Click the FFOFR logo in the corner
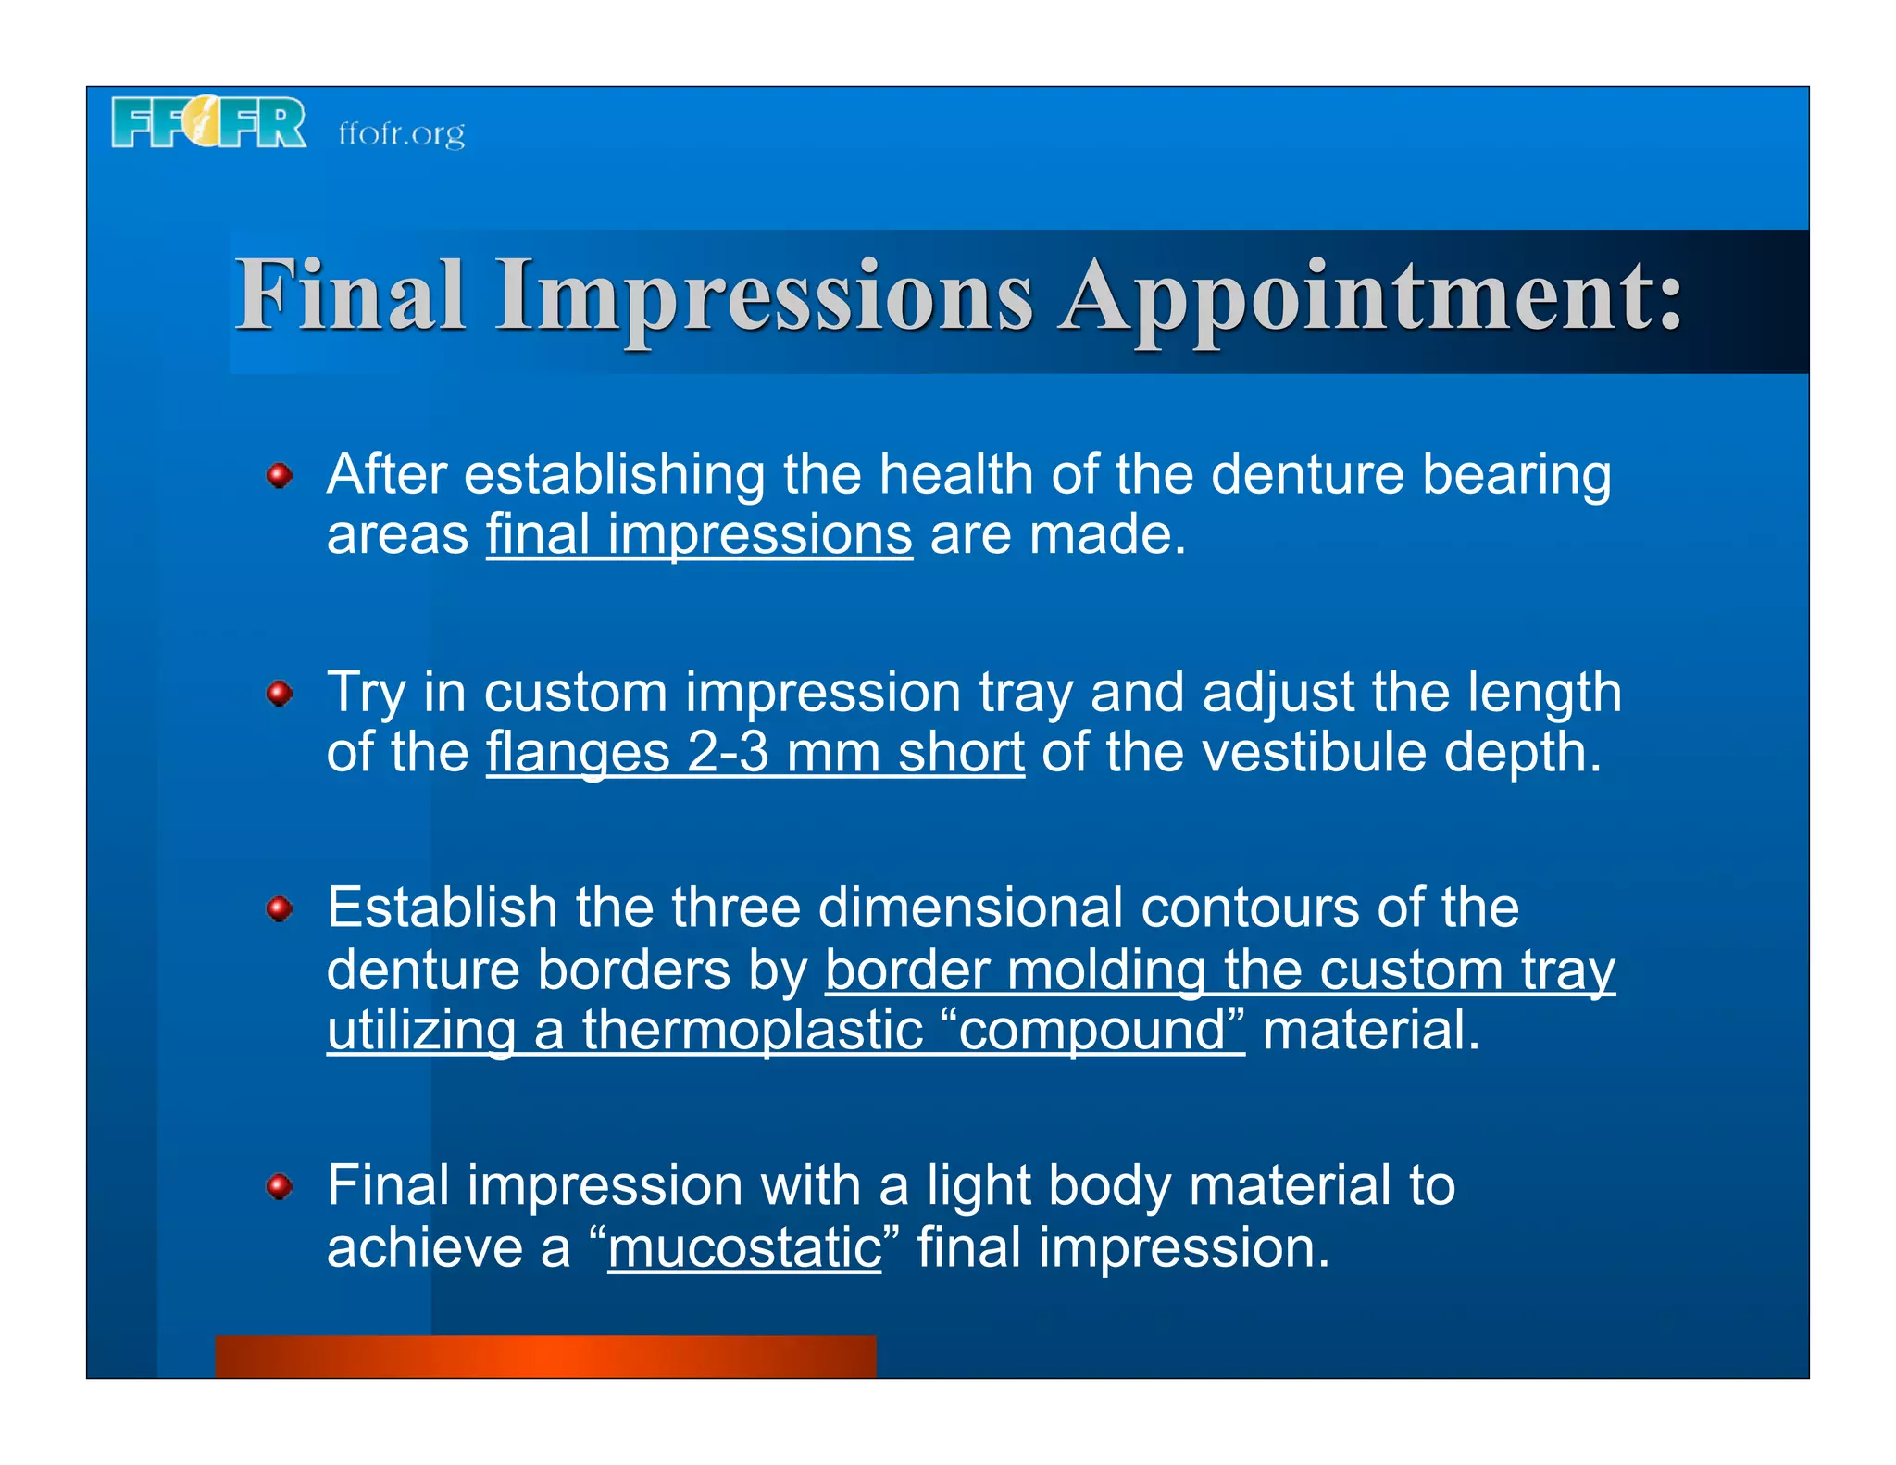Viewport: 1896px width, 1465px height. [208, 122]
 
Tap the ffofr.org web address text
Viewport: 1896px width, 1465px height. [401, 134]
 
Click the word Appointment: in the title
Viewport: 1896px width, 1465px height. [1370, 296]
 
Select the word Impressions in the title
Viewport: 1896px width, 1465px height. [764, 296]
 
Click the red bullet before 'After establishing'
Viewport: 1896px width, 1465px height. [280, 476]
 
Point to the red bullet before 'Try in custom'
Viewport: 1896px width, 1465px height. [280, 693]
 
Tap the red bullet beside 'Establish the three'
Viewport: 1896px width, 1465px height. [280, 908]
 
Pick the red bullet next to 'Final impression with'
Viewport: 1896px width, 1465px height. [280, 1186]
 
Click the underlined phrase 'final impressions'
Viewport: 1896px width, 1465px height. [699, 535]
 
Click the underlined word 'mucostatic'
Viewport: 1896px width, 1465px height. [744, 1248]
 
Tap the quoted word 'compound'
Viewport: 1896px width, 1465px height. [1092, 1031]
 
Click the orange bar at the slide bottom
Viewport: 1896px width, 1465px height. [545, 1357]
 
